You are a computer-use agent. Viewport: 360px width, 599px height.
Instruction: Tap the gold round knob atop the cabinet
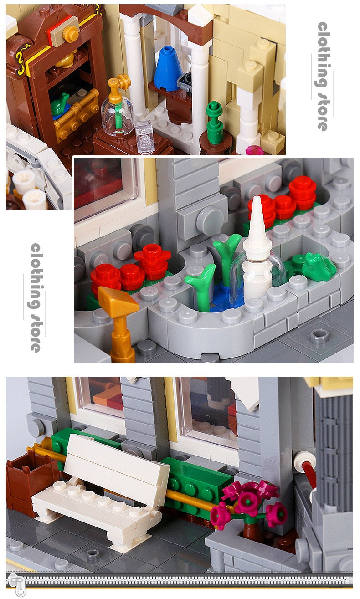71,34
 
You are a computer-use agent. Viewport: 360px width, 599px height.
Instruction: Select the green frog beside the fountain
319,266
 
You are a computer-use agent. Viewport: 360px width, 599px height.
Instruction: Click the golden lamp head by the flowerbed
118,302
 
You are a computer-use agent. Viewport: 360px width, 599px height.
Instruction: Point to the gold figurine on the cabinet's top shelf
65,60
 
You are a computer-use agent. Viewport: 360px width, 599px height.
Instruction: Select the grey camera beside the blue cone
185,82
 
